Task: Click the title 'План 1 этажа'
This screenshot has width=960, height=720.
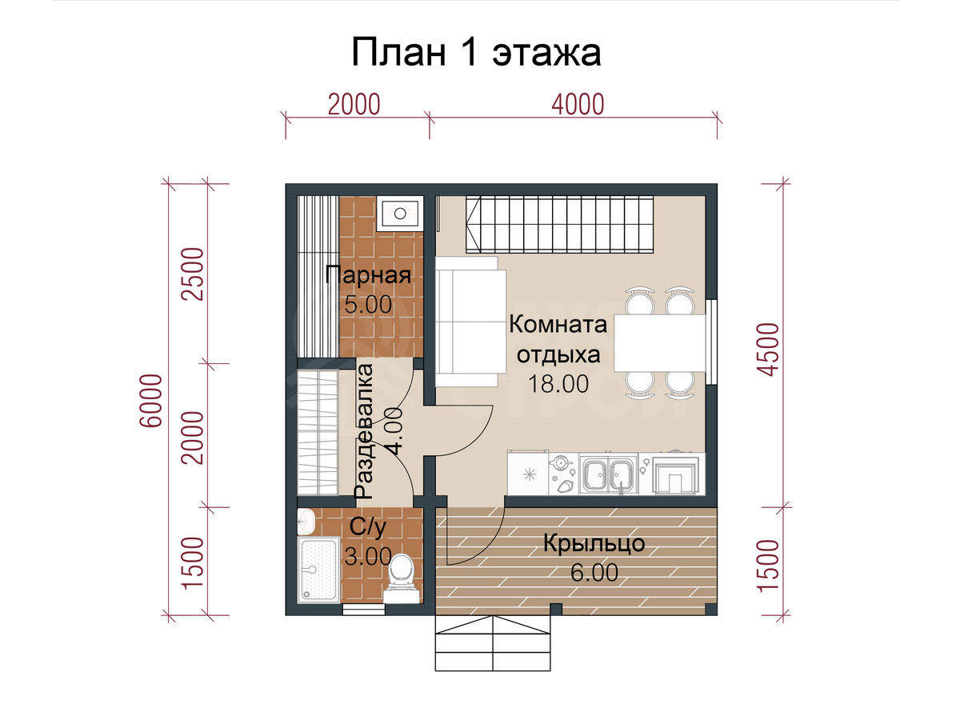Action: coord(476,53)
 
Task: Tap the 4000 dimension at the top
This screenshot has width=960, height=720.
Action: coord(578,105)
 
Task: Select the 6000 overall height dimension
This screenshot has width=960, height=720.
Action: coord(151,400)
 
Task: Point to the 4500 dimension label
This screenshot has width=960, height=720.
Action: coord(768,349)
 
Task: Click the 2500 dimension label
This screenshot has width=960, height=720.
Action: coord(193,274)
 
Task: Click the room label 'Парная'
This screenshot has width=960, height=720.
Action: coord(368,275)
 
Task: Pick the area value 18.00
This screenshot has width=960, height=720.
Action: coord(558,383)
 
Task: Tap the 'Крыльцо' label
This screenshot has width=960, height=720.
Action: coord(594,544)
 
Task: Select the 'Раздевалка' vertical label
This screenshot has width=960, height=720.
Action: coord(364,431)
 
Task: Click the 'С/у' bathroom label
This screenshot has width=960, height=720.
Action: coord(367,528)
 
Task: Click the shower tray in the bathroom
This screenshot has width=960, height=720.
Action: coord(318,570)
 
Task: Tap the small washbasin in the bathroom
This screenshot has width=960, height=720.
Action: coord(306,521)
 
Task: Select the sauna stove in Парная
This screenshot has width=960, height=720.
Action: coord(399,214)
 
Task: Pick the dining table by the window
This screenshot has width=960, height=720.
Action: coord(659,342)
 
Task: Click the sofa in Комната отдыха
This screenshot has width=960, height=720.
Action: coord(470,322)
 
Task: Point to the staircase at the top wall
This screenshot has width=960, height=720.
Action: coord(559,224)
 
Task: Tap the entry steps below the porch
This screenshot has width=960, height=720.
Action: coord(493,643)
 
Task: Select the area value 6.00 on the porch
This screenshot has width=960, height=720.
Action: coord(594,573)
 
